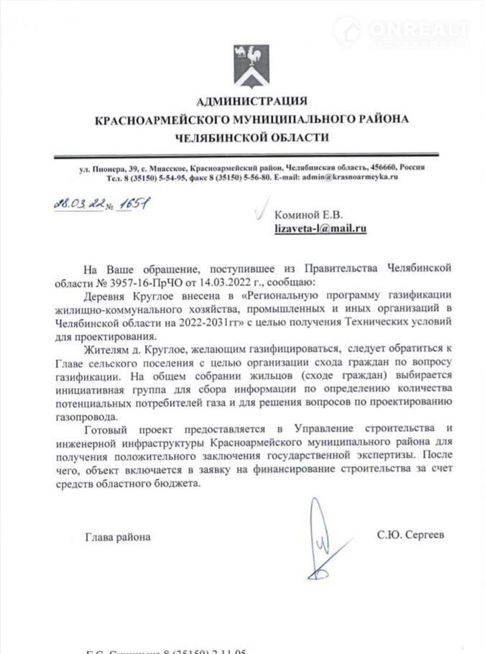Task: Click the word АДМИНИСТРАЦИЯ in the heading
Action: [x=251, y=101]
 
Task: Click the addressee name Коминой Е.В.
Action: [x=309, y=214]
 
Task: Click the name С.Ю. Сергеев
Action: [x=410, y=535]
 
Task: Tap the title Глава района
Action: [x=119, y=536]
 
